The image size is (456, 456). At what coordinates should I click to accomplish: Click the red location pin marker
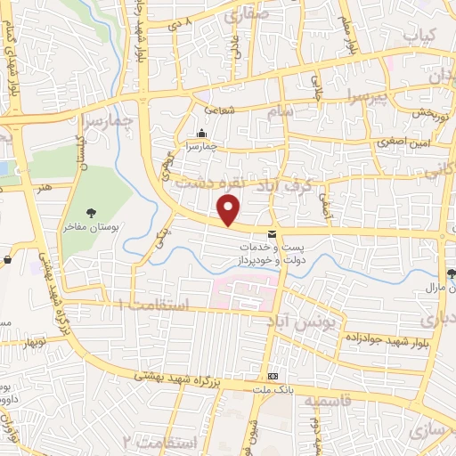click(x=230, y=210)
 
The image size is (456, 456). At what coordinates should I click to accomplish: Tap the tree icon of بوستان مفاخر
click(x=91, y=212)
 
